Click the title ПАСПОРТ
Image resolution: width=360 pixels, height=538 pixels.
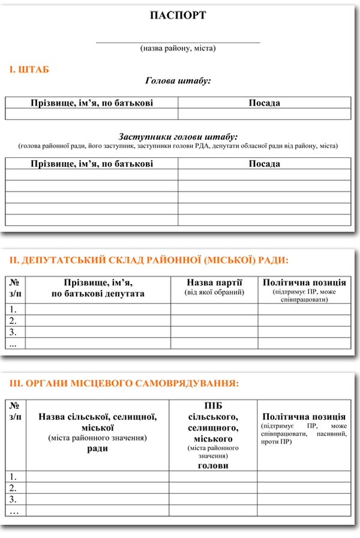(x=178, y=16)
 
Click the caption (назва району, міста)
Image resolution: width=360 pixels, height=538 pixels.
(x=178, y=48)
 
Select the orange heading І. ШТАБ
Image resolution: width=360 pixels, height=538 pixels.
(x=29, y=70)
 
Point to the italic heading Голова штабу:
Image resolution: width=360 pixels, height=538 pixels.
(x=178, y=80)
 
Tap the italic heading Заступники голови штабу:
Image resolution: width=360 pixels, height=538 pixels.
(x=178, y=137)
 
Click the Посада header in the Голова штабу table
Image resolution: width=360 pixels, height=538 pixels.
(x=265, y=103)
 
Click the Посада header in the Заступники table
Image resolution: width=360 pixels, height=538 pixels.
(x=265, y=164)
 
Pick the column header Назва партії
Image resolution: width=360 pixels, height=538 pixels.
(x=214, y=283)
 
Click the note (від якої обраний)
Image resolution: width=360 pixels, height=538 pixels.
(x=214, y=292)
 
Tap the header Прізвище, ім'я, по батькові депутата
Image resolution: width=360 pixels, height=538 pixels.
(x=98, y=288)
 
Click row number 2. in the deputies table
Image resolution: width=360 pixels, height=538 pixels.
(x=13, y=321)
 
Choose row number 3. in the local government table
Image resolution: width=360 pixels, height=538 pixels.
(x=13, y=500)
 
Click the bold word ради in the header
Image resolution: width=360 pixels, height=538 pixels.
(x=98, y=449)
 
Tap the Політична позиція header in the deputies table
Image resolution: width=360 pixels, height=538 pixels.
(x=304, y=283)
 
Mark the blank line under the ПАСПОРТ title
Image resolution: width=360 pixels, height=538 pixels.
(x=178, y=42)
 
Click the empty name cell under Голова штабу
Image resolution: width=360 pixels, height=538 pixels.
(x=92, y=114)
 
